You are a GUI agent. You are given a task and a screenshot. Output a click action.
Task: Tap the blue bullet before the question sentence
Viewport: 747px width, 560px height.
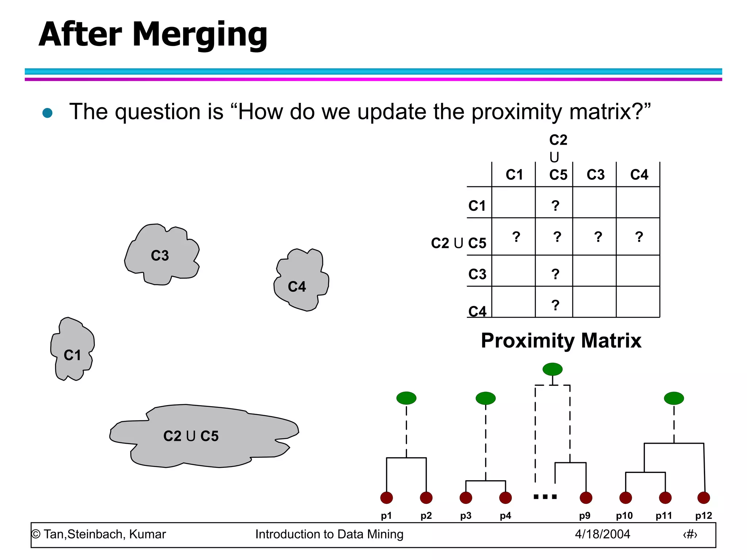[47, 113]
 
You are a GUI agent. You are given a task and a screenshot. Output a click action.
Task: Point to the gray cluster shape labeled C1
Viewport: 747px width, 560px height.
[72, 350]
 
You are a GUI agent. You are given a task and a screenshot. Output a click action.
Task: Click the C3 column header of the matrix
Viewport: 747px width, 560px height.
[595, 175]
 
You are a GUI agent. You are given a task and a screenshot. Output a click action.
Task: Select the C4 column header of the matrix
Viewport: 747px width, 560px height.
[639, 175]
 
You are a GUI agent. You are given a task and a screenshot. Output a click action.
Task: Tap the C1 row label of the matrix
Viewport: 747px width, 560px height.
[477, 206]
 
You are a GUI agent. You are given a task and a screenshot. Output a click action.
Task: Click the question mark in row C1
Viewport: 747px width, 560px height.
[555, 206]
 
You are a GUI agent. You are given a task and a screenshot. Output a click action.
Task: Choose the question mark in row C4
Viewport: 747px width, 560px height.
[555, 305]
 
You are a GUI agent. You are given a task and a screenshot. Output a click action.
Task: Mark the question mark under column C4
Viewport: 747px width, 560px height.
[639, 237]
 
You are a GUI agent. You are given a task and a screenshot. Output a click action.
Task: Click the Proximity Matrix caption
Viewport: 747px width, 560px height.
[561, 341]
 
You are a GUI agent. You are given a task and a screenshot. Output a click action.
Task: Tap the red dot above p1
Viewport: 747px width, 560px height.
[386, 498]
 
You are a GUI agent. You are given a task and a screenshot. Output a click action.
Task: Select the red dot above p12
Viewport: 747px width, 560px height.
[704, 498]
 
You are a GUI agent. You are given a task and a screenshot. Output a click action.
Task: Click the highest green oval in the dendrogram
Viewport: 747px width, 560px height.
[552, 369]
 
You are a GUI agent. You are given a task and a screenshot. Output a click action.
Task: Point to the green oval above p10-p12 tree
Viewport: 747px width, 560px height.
[674, 398]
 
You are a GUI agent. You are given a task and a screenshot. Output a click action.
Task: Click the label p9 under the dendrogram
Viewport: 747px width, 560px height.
[585, 516]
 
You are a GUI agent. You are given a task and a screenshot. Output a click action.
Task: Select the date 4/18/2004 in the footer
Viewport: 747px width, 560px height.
[602, 534]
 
